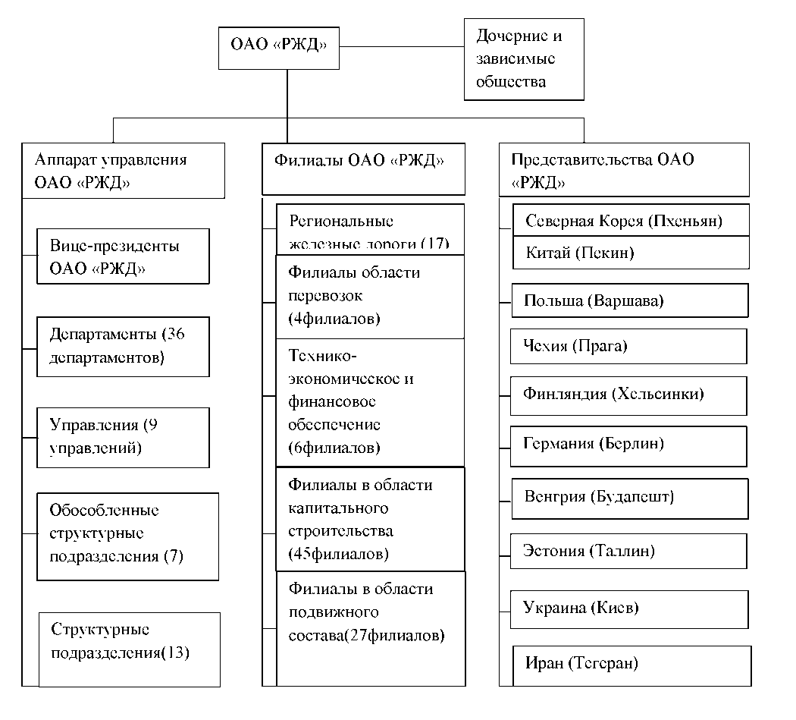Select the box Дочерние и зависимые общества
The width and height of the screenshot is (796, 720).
point(524,59)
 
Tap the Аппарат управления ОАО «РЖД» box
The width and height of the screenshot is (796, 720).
point(123,171)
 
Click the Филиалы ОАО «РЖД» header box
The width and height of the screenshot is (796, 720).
point(363,169)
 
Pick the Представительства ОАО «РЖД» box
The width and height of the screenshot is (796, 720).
point(624,171)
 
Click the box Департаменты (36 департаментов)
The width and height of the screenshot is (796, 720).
point(123,347)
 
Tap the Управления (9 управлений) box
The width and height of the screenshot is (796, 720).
point(123,438)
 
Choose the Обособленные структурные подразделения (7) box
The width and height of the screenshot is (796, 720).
point(127,536)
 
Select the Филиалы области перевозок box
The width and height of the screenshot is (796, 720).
point(370,296)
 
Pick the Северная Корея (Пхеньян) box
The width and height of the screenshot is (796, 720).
point(631,221)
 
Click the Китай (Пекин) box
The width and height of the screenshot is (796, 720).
point(631,253)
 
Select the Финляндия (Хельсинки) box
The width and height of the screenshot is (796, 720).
point(628,395)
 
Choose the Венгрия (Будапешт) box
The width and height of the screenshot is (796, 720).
point(630,498)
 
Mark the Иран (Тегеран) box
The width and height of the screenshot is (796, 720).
point(632,665)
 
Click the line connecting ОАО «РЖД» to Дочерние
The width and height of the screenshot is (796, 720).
point(402,47)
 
